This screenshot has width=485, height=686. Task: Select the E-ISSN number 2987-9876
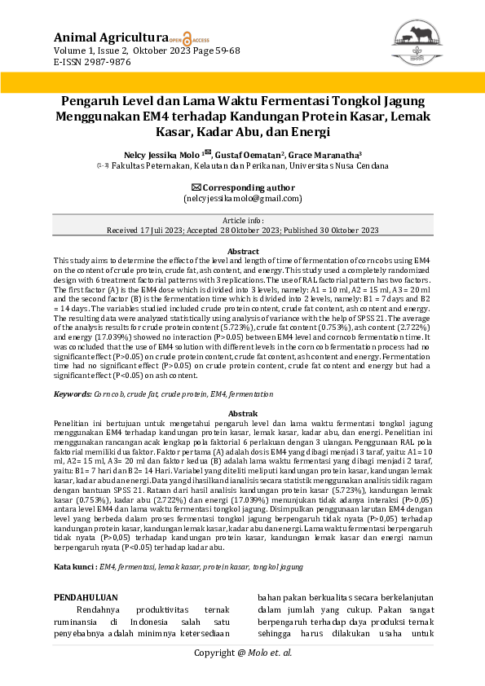(103, 61)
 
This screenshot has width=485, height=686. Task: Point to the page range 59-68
(223, 50)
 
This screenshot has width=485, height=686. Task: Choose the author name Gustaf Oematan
(248, 154)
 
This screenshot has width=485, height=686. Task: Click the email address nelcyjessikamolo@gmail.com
(242, 198)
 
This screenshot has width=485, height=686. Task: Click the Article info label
(242, 221)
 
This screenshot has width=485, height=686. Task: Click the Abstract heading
(242, 251)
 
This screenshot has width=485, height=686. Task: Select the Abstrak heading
(242, 414)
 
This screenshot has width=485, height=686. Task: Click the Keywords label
(72, 394)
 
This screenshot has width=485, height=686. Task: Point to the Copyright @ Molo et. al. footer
(242, 653)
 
